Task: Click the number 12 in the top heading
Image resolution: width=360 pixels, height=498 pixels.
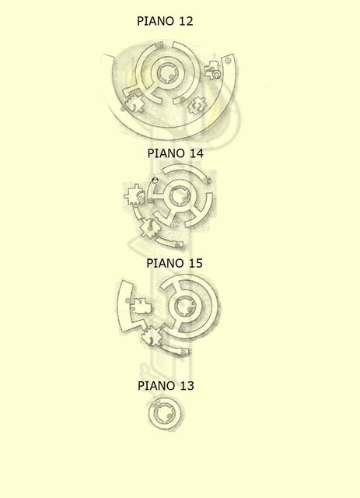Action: (186, 21)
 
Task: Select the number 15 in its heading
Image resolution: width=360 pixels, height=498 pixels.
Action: (195, 263)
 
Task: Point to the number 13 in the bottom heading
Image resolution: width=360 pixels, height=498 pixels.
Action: (187, 386)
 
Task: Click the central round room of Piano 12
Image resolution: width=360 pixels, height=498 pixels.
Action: (166, 73)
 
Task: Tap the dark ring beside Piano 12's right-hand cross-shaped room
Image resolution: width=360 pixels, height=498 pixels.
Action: (217, 75)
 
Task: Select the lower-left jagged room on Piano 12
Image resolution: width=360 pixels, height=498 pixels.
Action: (135, 103)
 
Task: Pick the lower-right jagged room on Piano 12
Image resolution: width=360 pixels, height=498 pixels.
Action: (197, 106)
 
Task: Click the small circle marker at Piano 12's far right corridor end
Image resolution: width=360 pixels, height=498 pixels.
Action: (228, 61)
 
